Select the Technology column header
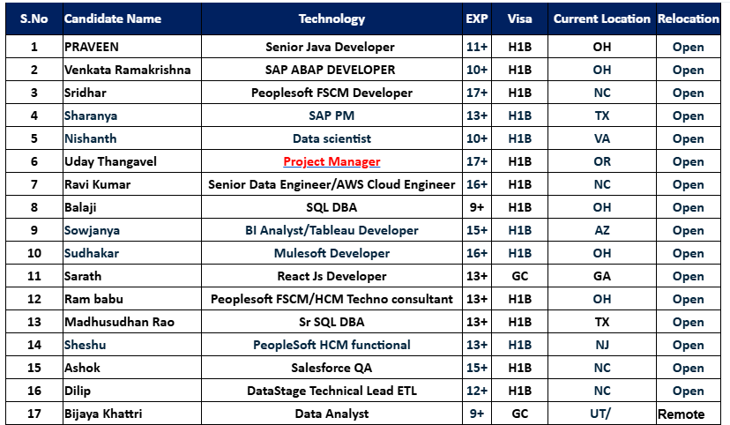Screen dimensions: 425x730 pyautogui.click(x=331, y=19)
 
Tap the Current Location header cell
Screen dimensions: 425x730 pyautogui.click(x=601, y=19)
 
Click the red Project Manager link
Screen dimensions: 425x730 pyautogui.click(x=331, y=161)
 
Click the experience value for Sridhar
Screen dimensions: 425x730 pyautogui.click(x=478, y=93)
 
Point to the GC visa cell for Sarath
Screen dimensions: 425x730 pyautogui.click(x=519, y=276)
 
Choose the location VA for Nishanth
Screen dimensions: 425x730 pyautogui.click(x=601, y=138)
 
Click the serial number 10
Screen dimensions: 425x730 pyautogui.click(x=34, y=253)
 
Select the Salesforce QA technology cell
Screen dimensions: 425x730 pyautogui.click(x=331, y=368)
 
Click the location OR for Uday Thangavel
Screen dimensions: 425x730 pyautogui.click(x=601, y=161)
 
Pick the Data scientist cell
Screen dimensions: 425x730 pyautogui.click(x=331, y=138)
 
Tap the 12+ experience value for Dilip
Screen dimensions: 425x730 pyautogui.click(x=478, y=391)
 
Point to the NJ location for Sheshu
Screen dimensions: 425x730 pyautogui.click(x=601, y=345)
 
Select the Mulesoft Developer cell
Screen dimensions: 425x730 pyautogui.click(x=331, y=253)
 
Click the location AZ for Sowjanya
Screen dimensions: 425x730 pyautogui.click(x=601, y=230)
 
